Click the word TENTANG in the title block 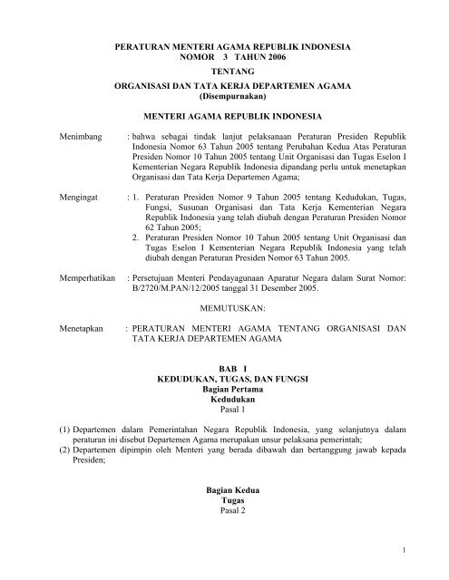point(224,71)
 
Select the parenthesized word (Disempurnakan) point(224,98)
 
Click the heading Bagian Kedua point(224,490)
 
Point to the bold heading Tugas point(224,501)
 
